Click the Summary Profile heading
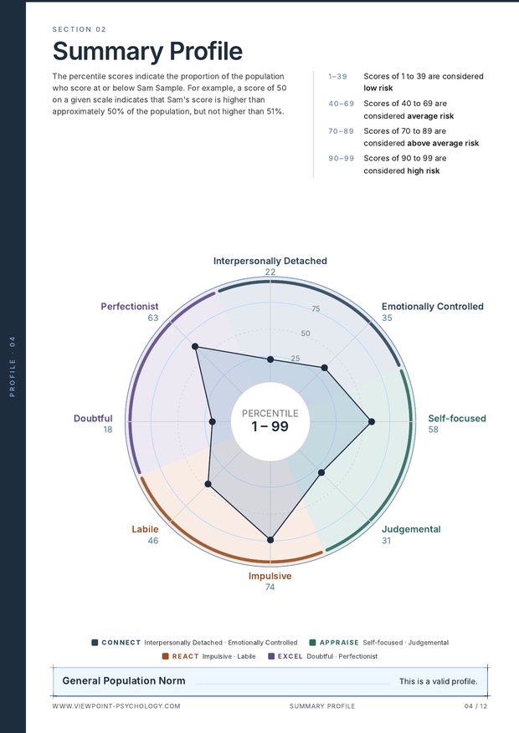147,52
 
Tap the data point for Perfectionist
195,346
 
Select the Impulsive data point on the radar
270,540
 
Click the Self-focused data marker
372,421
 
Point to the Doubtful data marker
213,421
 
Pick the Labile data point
208,484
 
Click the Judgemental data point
321,472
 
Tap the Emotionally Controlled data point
325,368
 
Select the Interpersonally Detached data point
270,359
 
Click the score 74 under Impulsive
270,587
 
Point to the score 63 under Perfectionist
153,318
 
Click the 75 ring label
316,308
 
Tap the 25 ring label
295,359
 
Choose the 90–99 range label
342,159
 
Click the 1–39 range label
337,76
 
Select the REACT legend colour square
165,656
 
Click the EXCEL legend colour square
271,656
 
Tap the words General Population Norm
124,681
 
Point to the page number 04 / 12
475,706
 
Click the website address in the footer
116,706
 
